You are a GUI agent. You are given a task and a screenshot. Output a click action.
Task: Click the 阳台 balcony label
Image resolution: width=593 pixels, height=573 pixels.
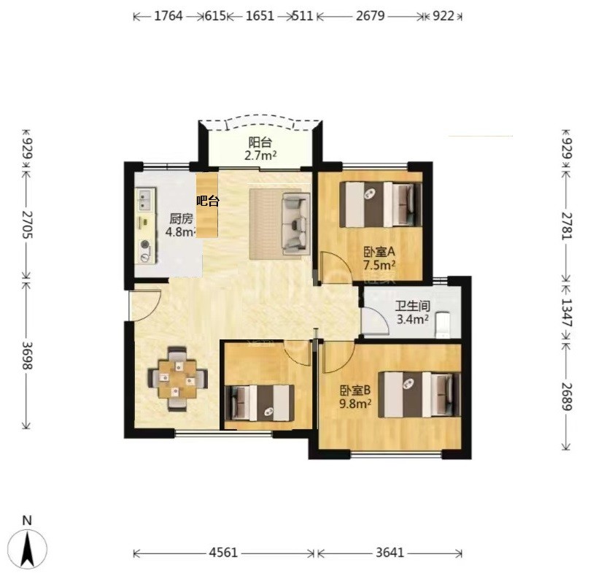coord(260,142)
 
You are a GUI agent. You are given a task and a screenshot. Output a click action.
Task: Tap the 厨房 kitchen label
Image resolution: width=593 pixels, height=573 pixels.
coord(181,219)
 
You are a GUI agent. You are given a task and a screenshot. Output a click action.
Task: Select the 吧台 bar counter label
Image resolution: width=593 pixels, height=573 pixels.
coord(208,201)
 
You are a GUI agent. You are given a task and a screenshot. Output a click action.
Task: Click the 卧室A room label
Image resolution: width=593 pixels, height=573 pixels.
coord(379,251)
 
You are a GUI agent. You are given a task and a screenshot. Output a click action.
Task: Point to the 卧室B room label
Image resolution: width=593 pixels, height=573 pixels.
coord(355,391)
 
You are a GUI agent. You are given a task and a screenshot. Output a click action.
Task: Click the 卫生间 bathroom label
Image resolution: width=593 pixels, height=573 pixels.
coord(413,306)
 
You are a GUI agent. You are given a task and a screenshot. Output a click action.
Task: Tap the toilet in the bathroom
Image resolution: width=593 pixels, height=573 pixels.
coord(443,325)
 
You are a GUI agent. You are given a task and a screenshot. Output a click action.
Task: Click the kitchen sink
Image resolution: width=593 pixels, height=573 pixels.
coord(145,200)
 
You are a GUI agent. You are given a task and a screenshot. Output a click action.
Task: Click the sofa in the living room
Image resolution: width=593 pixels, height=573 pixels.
coord(296,223)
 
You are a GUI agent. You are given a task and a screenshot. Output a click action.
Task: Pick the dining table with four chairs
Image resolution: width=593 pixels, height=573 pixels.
coord(178,379)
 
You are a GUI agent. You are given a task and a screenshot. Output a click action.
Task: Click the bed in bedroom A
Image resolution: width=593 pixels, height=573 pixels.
coord(381,204)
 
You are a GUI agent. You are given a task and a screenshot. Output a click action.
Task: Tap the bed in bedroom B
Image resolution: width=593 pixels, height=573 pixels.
coord(419,395)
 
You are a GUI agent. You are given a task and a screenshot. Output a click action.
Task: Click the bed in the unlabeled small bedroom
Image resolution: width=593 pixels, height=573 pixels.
coord(260,403)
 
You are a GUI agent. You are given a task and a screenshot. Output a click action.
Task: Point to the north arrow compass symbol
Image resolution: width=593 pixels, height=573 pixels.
coord(28,547)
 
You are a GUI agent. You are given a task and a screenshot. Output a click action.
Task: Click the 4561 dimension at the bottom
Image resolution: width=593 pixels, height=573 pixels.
coord(223,553)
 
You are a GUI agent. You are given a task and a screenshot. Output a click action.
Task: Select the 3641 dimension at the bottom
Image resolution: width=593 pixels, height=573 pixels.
coord(390,553)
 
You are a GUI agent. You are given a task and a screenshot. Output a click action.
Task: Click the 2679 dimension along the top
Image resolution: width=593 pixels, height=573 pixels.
coord(371,16)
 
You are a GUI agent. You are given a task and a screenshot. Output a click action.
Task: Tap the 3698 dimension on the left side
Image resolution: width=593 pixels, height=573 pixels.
coord(28,355)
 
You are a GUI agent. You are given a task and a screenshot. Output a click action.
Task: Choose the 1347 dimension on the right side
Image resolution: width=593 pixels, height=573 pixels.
coord(566,312)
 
